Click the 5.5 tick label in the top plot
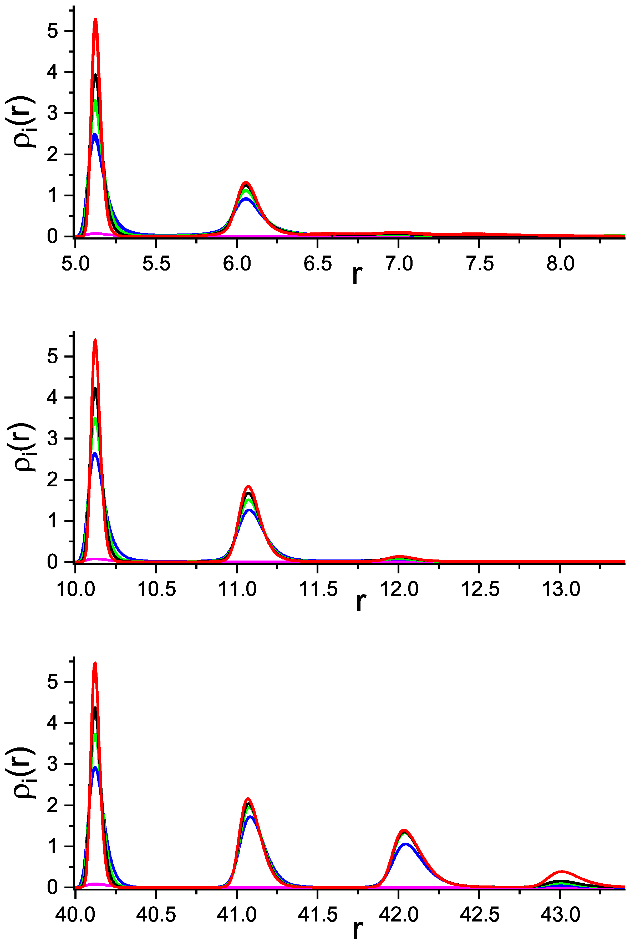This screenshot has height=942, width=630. tap(156, 264)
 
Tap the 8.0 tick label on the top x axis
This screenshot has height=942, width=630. tap(561, 264)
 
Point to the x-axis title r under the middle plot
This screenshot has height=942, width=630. tap(361, 603)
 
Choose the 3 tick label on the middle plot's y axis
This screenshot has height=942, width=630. tap(52, 439)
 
